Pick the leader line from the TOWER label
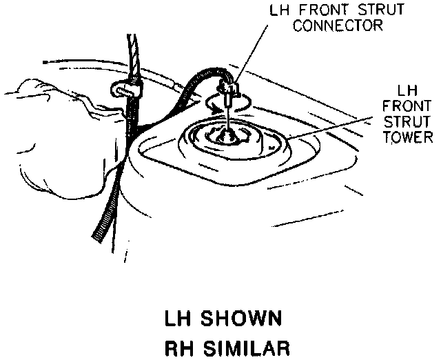(331, 135)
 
